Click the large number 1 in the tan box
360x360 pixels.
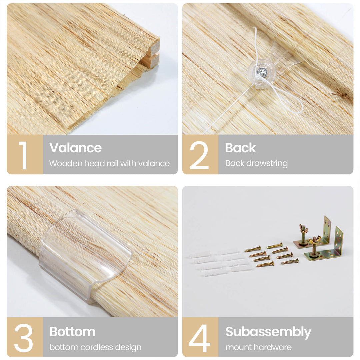[23, 155]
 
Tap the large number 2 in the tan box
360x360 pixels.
[199, 155]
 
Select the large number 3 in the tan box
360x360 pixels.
[23, 338]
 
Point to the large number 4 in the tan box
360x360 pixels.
[200, 338]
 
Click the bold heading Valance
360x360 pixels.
[76, 148]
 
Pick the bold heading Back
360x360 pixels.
[240, 148]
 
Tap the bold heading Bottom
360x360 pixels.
[73, 332]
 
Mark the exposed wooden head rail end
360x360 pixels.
[152, 55]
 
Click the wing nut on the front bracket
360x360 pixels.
[314, 241]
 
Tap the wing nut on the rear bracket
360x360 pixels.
[303, 229]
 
